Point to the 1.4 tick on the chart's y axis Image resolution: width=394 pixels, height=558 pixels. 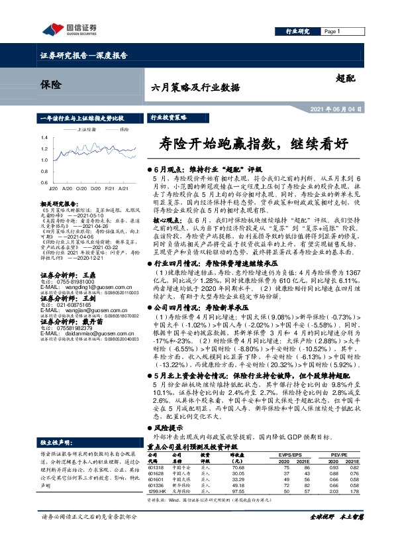[x=43, y=138]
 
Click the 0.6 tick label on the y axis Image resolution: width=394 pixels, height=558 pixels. [x=43, y=182]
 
